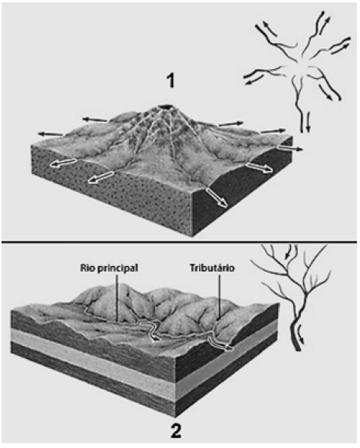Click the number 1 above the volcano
[170, 81]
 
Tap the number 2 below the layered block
[176, 431]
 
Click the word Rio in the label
[87, 268]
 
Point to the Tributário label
[212, 268]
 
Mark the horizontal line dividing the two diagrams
[180, 242]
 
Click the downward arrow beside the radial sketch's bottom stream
[308, 122]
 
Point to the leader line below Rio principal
[117, 298]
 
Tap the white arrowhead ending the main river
[155, 338]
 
